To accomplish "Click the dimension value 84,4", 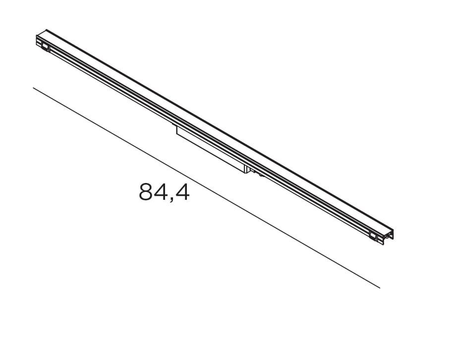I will pyautogui.click(x=164, y=192).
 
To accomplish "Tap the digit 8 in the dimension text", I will pyautogui.click(x=145, y=192).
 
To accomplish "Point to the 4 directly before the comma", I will pyautogui.click(x=160, y=192).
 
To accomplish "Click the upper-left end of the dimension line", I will pyautogui.click(x=34, y=88).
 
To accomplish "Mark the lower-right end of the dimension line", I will pyautogui.click(x=380, y=288).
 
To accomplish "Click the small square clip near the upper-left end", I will pyautogui.click(x=45, y=48).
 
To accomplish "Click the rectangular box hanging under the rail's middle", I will pyautogui.click(x=211, y=149).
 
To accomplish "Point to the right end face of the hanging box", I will pyautogui.click(x=245, y=169).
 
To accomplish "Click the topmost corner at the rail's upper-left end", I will pyautogui.click(x=46, y=30).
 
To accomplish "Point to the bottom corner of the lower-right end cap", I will pyautogui.click(x=383, y=244).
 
